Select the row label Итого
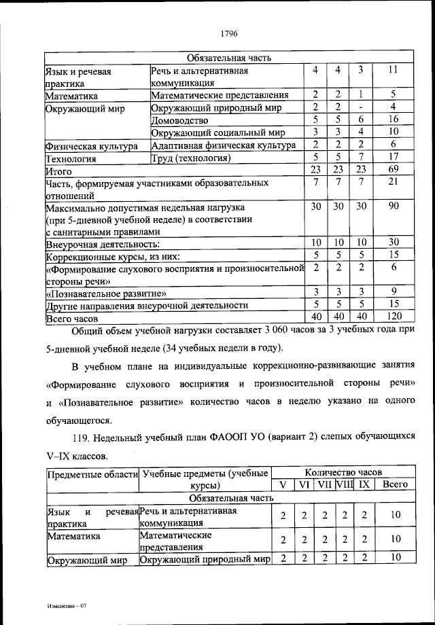pyautogui.click(x=59, y=171)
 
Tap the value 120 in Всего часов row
pyautogui.click(x=393, y=317)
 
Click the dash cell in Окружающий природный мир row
pyautogui.click(x=361, y=107)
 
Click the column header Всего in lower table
pyautogui.click(x=395, y=484)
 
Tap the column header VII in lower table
pyautogui.click(x=326, y=484)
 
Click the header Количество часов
pyautogui.click(x=343, y=471)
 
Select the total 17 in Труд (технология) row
pyautogui.click(x=393, y=158)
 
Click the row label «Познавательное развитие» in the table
pyautogui.click(x=107, y=293)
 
